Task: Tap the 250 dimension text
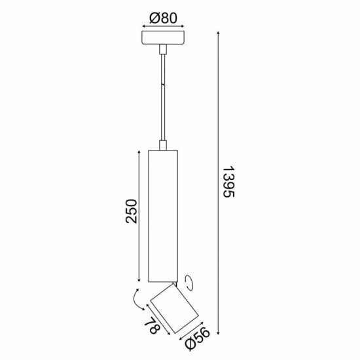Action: (132, 211)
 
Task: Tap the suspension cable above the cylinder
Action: (163, 98)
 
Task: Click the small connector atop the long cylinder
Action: (163, 144)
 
